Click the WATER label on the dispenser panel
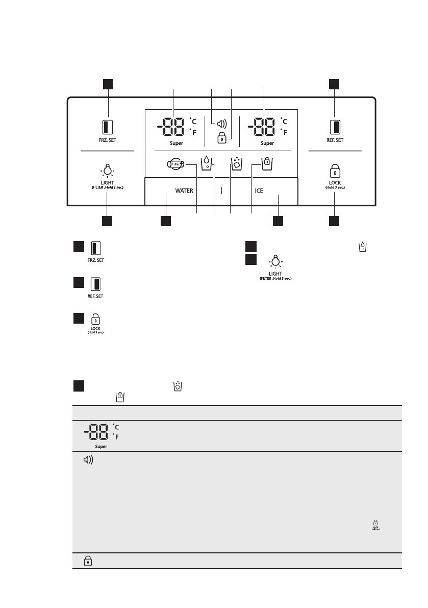point(184,190)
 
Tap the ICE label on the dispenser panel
point(259,190)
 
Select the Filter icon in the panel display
point(175,164)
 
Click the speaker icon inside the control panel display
point(221,123)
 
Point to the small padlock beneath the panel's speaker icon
point(221,138)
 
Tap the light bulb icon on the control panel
point(107,169)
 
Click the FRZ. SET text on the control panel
point(107,139)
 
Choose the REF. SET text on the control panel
point(335,139)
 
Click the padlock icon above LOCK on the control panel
point(335,170)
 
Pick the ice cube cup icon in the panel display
point(236,163)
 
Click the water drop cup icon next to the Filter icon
point(206,163)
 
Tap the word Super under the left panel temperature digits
point(177,143)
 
